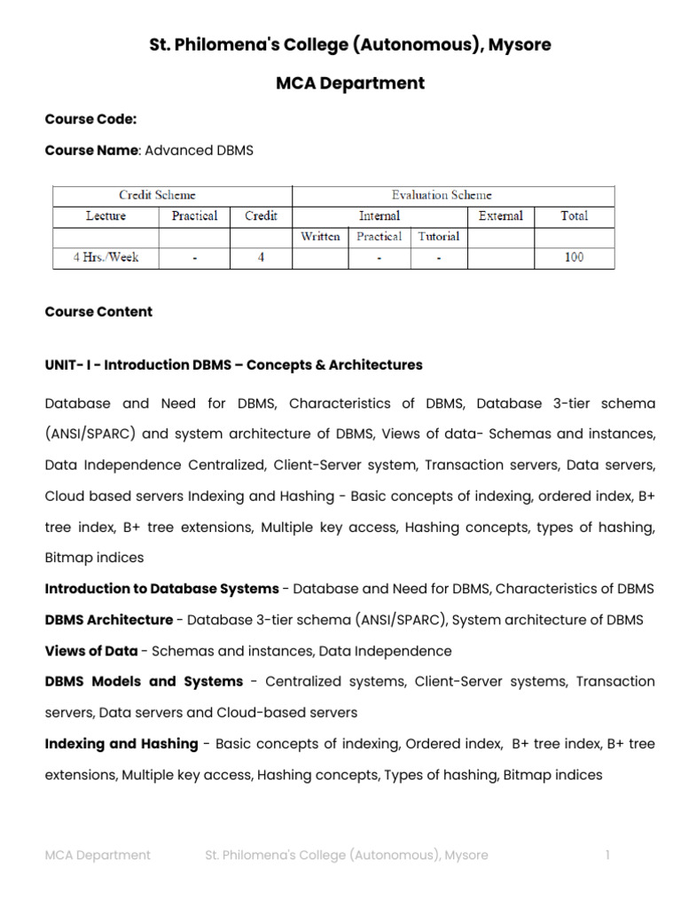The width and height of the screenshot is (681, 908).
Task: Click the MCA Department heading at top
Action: click(350, 83)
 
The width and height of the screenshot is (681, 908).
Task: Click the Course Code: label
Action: click(90, 119)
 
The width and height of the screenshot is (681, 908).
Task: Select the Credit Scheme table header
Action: click(157, 195)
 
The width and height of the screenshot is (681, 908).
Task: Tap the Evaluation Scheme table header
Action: click(442, 195)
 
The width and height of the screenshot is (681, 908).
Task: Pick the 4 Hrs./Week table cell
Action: click(106, 258)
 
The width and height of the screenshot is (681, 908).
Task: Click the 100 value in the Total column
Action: click(574, 258)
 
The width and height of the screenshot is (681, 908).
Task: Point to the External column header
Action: click(500, 215)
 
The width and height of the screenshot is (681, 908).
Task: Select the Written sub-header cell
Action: click(320, 237)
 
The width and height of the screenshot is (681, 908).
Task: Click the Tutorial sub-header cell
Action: click(439, 237)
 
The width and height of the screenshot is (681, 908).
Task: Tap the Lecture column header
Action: click(106, 215)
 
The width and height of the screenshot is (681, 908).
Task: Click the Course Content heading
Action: click(98, 311)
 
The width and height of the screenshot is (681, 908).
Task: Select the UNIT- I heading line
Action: click(233, 365)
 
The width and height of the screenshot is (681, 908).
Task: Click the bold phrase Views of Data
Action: click(91, 651)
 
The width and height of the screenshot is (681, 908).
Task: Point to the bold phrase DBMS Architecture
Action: click(108, 620)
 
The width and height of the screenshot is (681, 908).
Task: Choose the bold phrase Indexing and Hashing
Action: click(121, 744)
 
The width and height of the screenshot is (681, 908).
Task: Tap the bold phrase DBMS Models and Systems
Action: click(144, 682)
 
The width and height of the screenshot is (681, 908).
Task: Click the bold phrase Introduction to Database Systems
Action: click(161, 589)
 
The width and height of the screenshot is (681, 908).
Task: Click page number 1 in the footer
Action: click(607, 855)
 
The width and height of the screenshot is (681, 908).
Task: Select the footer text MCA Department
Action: click(98, 855)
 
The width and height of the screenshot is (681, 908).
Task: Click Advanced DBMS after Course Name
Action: click(199, 151)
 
